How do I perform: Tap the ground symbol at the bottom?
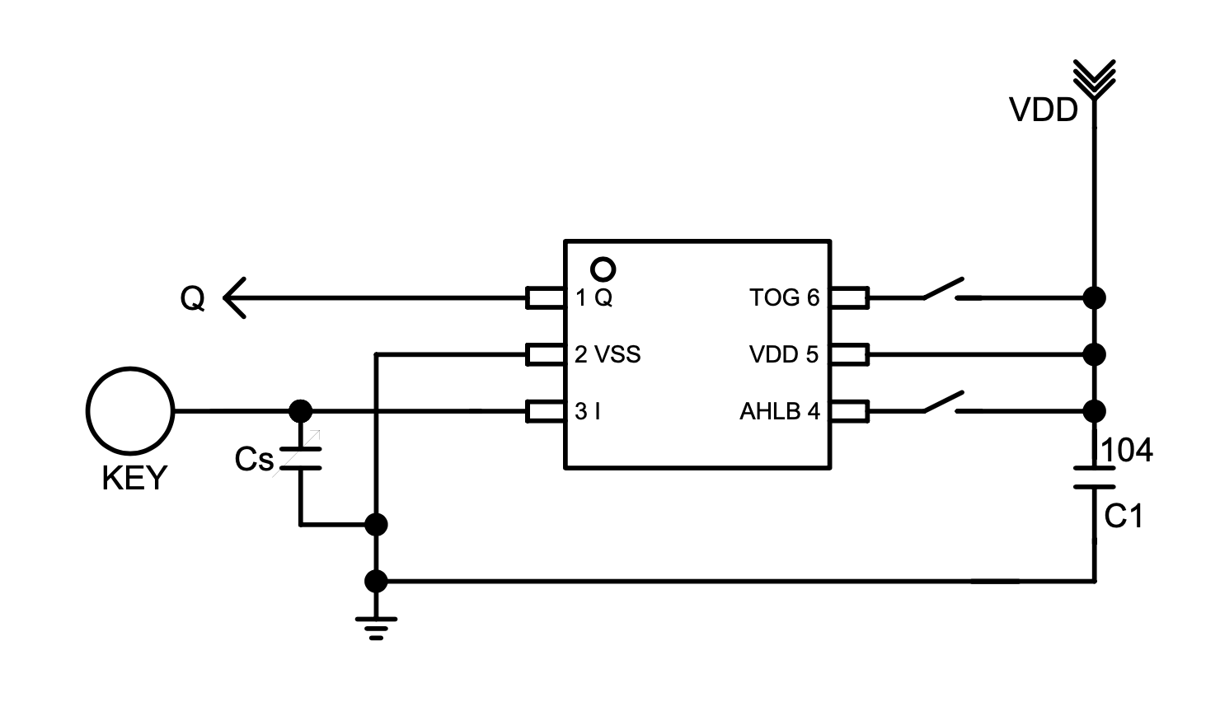pyautogui.click(x=376, y=627)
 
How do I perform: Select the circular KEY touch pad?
pyautogui.click(x=130, y=410)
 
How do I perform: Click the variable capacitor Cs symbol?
pyautogui.click(x=300, y=459)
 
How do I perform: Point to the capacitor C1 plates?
pyautogui.click(x=1094, y=478)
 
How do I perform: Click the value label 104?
pyautogui.click(x=1127, y=451)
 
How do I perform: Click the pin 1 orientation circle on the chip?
pyautogui.click(x=603, y=269)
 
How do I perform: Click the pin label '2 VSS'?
pyautogui.click(x=608, y=354)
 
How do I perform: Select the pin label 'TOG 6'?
pyautogui.click(x=784, y=297)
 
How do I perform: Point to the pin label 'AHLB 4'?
pyautogui.click(x=779, y=411)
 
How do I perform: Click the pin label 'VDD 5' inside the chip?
pyautogui.click(x=783, y=354)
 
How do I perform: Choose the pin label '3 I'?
pyautogui.click(x=587, y=411)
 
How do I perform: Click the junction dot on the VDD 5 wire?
pyautogui.click(x=1094, y=354)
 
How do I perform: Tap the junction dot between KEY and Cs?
pyautogui.click(x=301, y=410)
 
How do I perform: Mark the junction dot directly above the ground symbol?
pyautogui.click(x=376, y=581)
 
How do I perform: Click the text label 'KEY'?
pyautogui.click(x=134, y=478)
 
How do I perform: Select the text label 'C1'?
pyautogui.click(x=1123, y=517)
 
